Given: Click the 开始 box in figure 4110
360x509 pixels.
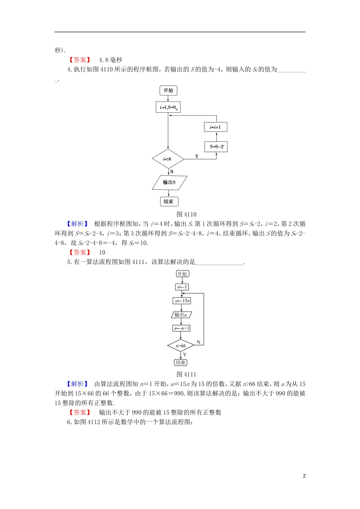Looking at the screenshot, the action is (168, 91).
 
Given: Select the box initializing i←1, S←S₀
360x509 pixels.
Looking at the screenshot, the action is (168, 107).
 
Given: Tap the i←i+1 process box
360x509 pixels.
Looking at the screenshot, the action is (216, 127).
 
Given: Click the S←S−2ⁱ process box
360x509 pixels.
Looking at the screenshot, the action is (216, 147).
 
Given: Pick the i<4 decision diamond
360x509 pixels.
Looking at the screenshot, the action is (168, 159).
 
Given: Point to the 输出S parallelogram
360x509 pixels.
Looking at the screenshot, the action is (169, 182).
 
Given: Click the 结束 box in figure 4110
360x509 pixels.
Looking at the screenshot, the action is (169, 201).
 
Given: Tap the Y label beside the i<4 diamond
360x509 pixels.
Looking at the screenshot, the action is (197, 156).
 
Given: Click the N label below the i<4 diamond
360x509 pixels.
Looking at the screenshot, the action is (172, 172).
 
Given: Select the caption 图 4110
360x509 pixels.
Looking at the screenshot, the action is (186, 214).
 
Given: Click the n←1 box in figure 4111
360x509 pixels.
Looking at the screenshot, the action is (182, 287).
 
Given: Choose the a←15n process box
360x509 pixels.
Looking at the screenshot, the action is (182, 301).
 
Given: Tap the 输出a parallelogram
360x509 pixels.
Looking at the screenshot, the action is (181, 315).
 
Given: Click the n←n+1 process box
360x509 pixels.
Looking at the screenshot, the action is (182, 328).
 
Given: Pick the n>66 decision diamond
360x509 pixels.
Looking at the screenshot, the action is (181, 346).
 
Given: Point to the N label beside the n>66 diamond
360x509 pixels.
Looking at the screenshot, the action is (198, 342).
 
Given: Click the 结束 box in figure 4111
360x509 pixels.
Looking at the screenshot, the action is (181, 362).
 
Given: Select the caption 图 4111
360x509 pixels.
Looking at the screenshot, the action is (186, 375).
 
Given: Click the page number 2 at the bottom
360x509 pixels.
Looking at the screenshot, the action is (304, 476).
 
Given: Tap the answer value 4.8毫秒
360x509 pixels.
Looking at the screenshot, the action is (111, 60).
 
